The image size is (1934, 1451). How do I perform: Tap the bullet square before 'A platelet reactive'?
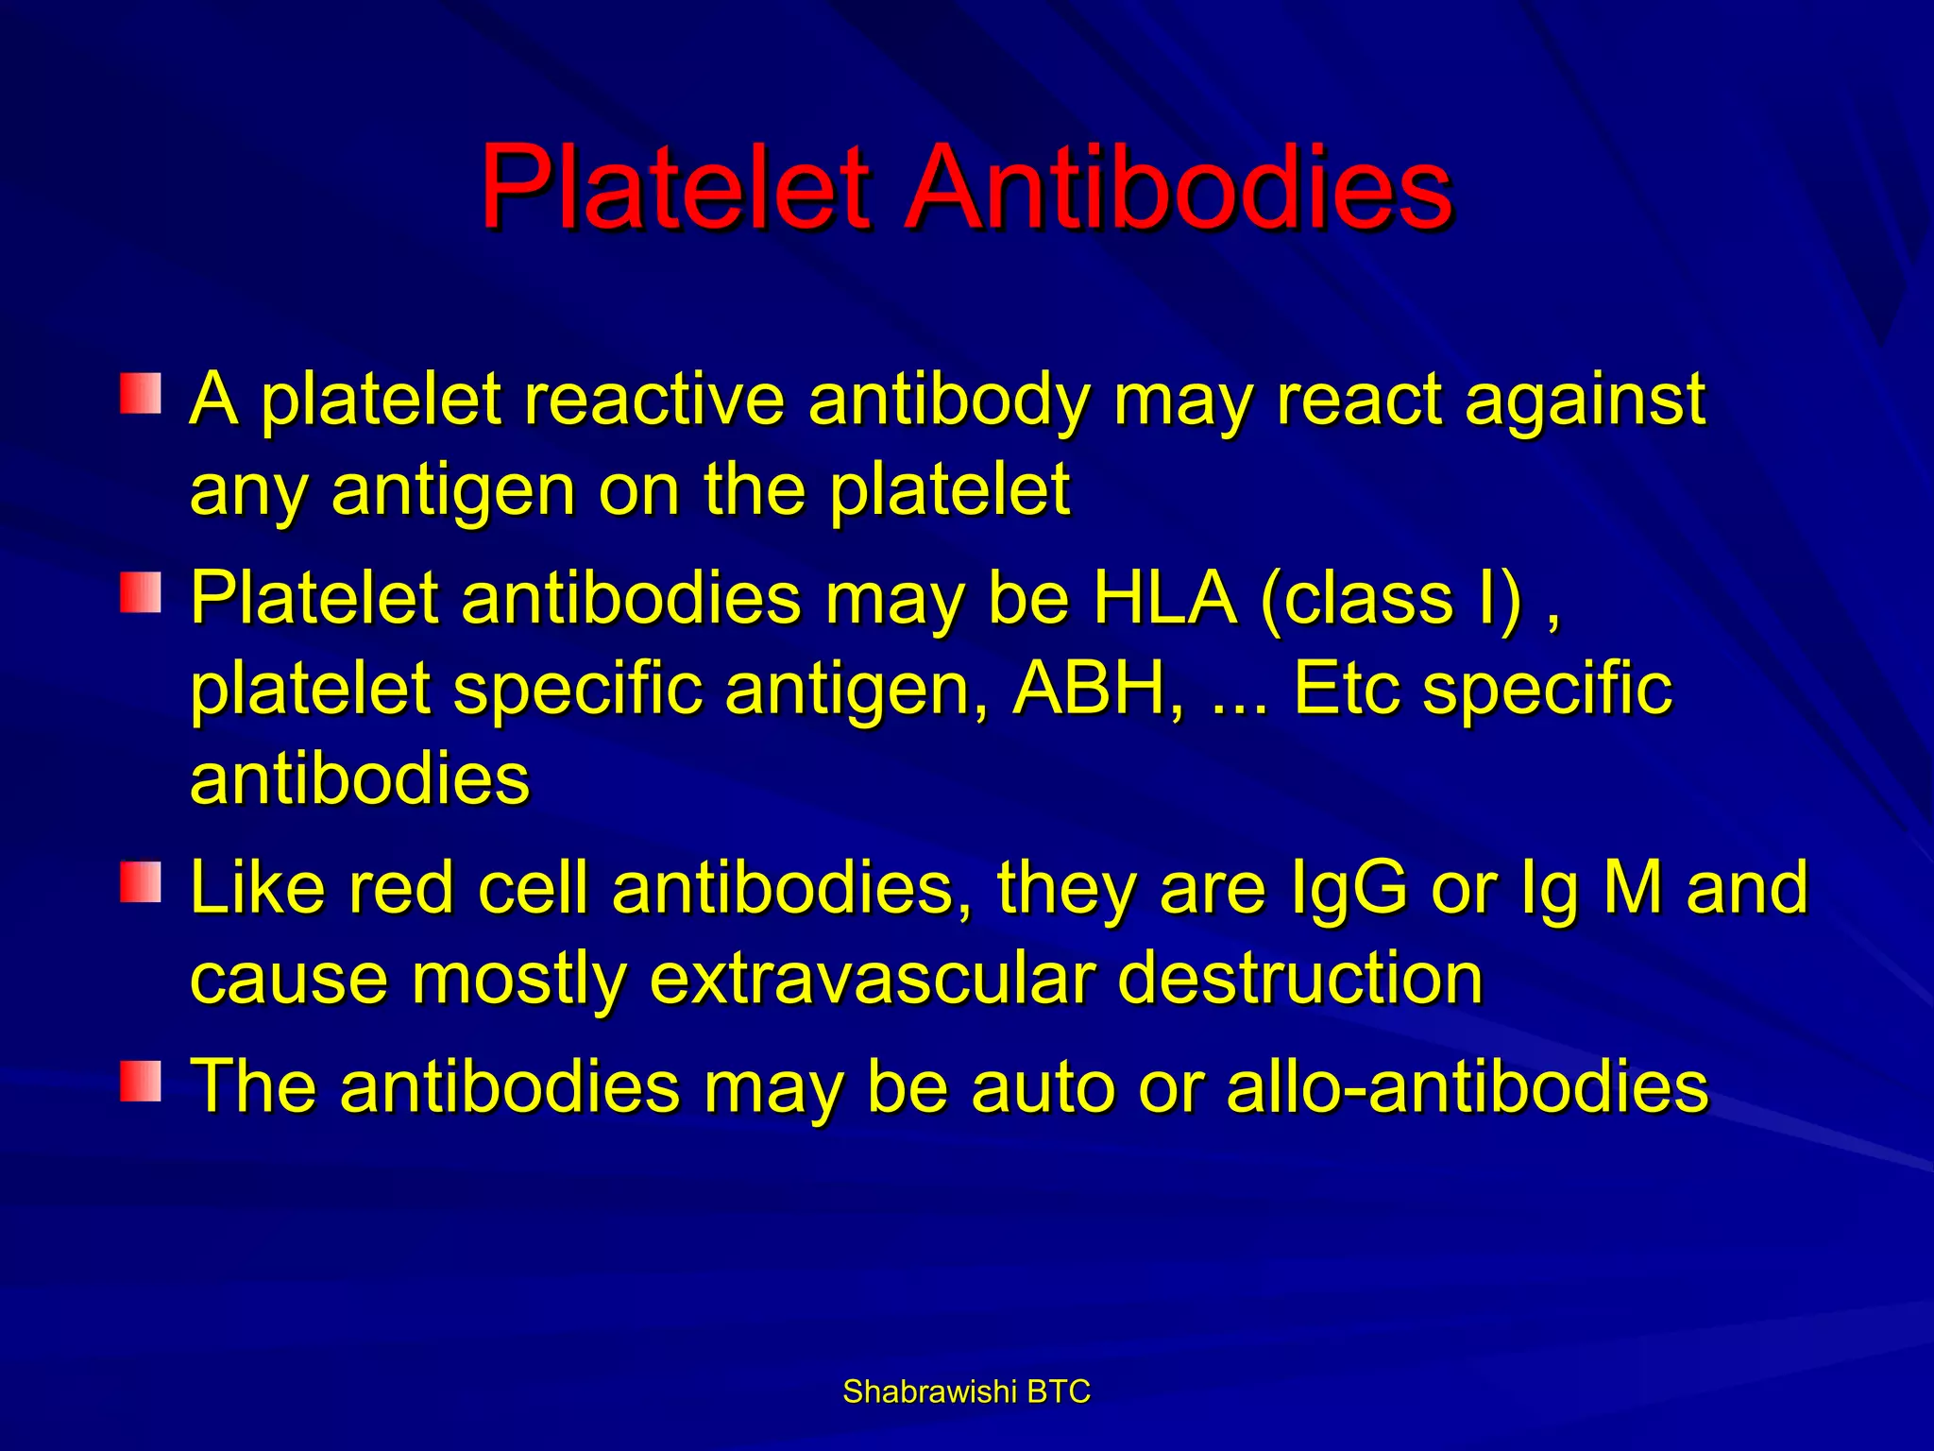pos(141,393)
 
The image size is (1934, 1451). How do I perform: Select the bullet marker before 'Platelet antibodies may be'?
pos(141,592)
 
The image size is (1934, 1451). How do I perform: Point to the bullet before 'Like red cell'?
pos(141,881)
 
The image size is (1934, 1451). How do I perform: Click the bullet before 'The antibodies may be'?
pos(141,1081)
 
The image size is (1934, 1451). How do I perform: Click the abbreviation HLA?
pos(1163,599)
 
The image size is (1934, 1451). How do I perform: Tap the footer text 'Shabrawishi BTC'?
pos(966,1391)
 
